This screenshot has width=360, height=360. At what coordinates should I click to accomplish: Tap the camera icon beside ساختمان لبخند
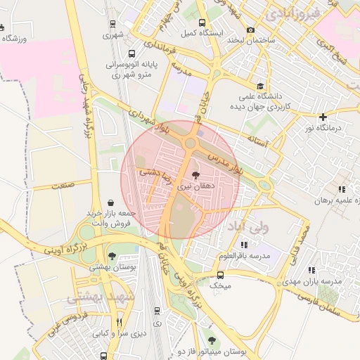click(251, 30)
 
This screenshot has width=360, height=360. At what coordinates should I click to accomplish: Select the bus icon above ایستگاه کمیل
click(202, 22)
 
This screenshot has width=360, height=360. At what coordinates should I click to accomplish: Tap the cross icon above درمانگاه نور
click(323, 117)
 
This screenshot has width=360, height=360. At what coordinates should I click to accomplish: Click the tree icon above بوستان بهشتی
click(112, 256)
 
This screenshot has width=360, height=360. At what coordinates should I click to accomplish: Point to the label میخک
click(221, 286)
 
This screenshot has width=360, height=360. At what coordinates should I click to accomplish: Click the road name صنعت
click(63, 185)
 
